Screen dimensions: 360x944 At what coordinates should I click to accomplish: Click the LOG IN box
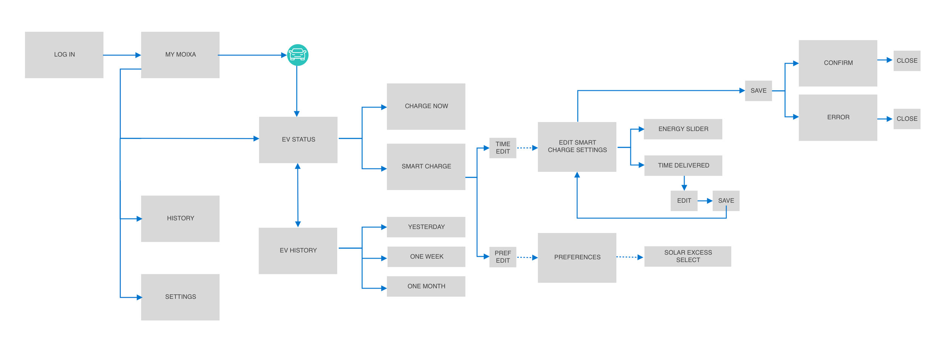point(64,55)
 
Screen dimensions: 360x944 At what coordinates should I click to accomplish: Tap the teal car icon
point(298,55)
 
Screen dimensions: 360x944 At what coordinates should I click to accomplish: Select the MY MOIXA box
point(180,55)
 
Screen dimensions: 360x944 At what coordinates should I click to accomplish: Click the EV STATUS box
point(298,140)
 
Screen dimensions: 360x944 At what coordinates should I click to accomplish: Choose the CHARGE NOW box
point(426,107)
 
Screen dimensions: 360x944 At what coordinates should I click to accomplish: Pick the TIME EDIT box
point(503,148)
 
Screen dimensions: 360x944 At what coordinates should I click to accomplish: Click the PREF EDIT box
point(503,257)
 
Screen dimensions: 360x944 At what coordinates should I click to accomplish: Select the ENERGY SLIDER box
point(683,129)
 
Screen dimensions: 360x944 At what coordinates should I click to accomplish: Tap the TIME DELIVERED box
point(683,165)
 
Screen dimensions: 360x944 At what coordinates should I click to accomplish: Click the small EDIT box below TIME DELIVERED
point(684,201)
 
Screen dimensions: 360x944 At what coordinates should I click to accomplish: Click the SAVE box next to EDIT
point(726,201)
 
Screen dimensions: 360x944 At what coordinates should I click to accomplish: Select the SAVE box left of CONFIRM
point(758,91)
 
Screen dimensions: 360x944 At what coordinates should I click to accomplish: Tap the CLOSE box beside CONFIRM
point(907,61)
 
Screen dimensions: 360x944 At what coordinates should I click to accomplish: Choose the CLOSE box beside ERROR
point(907,119)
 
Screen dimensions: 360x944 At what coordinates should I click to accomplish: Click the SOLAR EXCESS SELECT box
point(688,256)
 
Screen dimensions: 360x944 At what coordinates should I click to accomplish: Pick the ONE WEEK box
point(426,257)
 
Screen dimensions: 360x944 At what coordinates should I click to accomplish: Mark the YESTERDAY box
point(426,227)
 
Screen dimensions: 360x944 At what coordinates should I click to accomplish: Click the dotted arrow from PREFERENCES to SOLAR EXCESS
point(629,257)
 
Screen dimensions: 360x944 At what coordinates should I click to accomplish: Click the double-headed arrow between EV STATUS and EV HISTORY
point(298,195)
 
